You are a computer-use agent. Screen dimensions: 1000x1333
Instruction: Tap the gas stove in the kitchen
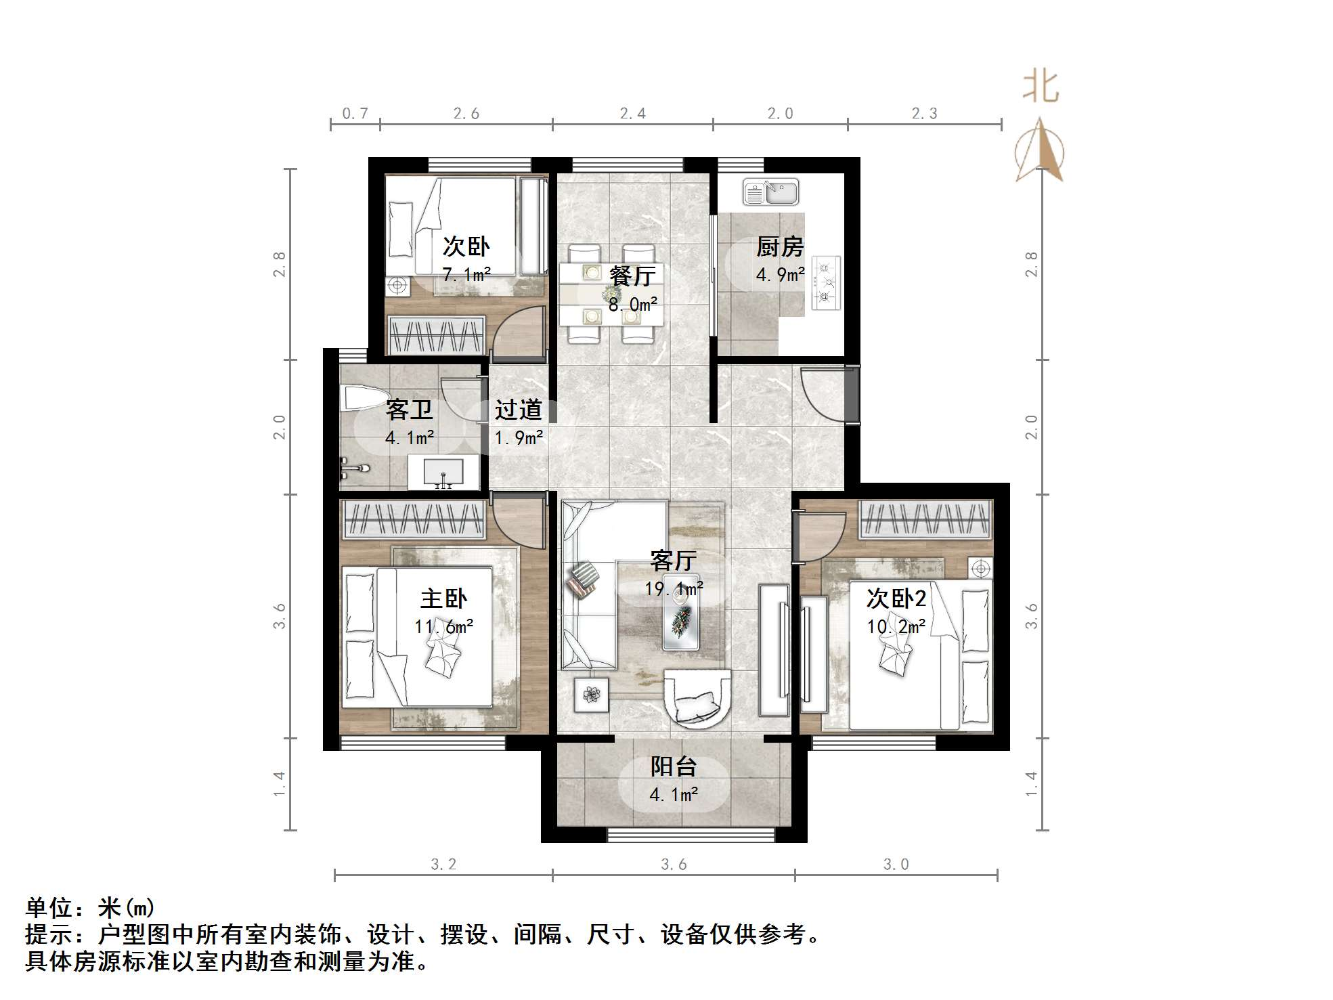point(825,282)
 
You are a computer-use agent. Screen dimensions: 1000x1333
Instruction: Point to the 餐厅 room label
point(632,276)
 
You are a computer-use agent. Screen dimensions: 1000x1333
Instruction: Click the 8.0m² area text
point(632,305)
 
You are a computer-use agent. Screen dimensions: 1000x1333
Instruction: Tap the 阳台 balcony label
point(673,766)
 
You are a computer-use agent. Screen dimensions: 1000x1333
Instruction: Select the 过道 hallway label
point(518,410)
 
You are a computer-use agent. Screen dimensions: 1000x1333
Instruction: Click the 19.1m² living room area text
point(673,589)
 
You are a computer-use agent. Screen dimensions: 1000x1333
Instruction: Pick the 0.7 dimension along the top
point(355,114)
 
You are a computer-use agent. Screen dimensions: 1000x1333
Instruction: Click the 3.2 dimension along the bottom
point(443,865)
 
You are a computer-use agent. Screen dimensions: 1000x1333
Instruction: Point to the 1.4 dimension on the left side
point(279,783)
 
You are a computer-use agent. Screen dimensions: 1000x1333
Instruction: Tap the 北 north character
point(1041,88)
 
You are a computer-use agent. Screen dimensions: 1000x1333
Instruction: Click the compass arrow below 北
point(1039,150)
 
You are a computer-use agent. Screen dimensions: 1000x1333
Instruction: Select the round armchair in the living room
point(698,698)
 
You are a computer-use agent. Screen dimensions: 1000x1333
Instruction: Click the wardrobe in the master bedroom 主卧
point(413,519)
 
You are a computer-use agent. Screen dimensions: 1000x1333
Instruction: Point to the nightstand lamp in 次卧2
point(980,569)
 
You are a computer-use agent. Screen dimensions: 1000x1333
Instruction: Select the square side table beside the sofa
point(592,695)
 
